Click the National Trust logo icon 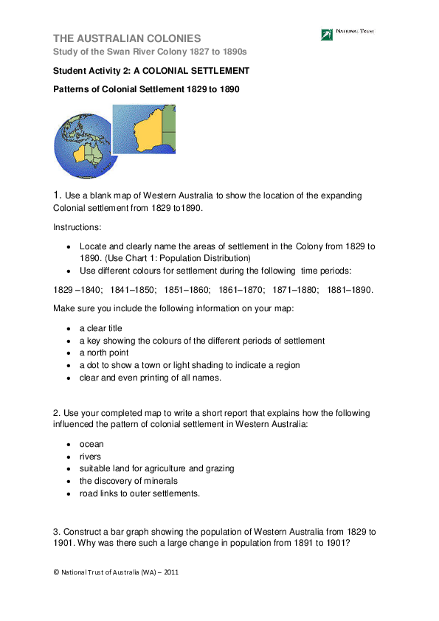click(x=326, y=35)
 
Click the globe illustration click(x=77, y=151)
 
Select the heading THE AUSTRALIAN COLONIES click(x=127, y=38)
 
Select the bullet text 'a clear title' click(x=101, y=328)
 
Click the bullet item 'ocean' click(x=91, y=444)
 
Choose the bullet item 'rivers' click(x=91, y=457)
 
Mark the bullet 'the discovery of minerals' click(x=128, y=481)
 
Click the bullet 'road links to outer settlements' click(x=139, y=493)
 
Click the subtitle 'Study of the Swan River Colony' click(x=150, y=52)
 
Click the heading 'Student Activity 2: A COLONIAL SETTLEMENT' click(x=151, y=71)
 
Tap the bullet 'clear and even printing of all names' click(x=151, y=378)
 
